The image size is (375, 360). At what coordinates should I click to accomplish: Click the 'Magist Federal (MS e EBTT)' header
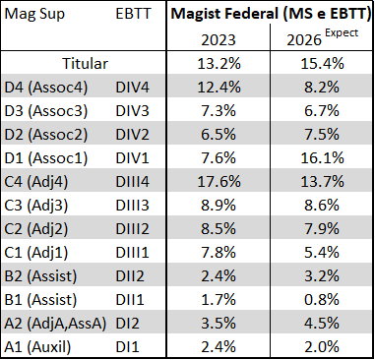tap(271, 14)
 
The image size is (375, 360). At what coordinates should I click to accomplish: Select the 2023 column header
tap(219, 40)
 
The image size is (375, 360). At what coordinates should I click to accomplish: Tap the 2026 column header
tap(304, 40)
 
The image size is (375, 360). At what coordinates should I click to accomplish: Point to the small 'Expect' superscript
tap(342, 33)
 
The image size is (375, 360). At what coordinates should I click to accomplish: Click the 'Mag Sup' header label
tap(34, 15)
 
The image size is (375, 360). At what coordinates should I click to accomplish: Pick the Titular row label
tap(85, 64)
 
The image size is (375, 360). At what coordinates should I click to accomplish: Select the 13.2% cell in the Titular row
tap(219, 64)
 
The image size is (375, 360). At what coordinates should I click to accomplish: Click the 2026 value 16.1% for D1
tap(322, 158)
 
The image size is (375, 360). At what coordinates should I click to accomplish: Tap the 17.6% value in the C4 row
tap(219, 182)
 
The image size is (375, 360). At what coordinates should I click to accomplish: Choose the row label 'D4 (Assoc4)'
tap(46, 88)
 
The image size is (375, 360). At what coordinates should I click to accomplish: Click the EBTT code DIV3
tap(132, 111)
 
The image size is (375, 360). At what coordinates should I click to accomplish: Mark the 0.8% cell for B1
tap(322, 300)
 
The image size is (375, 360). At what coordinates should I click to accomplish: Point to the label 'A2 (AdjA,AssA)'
tap(55, 324)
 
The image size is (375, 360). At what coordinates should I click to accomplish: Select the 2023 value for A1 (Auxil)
tap(219, 347)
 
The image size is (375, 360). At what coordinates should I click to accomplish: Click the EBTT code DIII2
tap(132, 229)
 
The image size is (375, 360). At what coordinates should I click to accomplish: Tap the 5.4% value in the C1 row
tap(322, 253)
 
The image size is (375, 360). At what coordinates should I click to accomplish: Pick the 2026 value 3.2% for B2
tap(322, 276)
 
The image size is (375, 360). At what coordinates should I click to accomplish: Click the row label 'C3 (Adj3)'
tap(36, 206)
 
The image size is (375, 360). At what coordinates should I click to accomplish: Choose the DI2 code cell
tap(128, 324)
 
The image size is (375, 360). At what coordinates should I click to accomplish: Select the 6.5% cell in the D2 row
tap(219, 135)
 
